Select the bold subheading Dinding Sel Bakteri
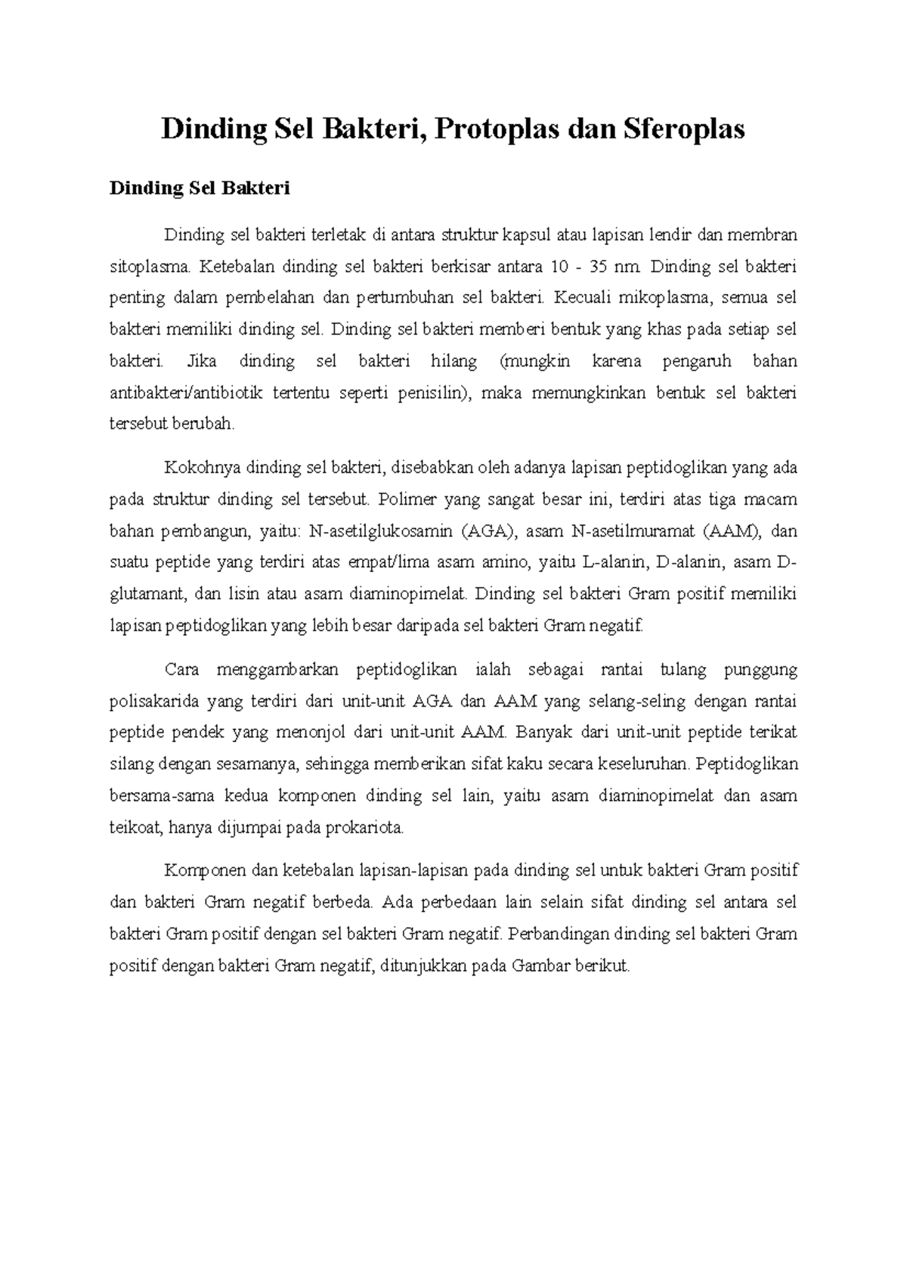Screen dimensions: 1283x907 (200, 188)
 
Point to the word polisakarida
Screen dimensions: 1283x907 (154, 701)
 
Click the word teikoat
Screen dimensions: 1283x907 (133, 828)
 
